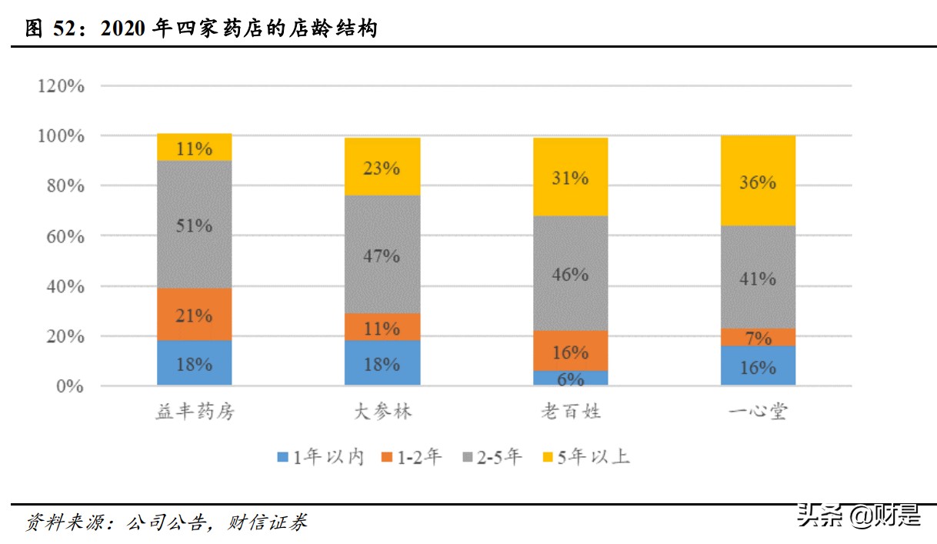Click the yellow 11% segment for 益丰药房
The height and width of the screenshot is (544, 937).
194,148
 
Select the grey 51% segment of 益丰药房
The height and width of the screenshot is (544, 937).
194,225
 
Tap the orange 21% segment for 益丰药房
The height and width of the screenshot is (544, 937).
194,314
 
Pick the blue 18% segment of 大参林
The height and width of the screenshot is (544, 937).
382,363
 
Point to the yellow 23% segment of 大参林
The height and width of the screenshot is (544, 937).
382,167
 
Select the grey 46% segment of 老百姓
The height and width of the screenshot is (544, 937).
570,273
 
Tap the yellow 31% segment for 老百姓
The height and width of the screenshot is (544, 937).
570,177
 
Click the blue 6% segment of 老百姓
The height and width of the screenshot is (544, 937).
570,379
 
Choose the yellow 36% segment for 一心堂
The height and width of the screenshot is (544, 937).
758,182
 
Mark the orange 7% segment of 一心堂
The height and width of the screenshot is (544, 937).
758,338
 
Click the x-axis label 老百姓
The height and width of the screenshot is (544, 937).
570,412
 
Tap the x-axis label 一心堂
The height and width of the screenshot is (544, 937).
758,412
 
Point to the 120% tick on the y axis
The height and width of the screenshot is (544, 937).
60,85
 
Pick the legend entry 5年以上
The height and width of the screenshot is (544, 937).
585,457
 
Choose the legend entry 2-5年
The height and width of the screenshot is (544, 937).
492,457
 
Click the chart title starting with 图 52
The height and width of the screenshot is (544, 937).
202,29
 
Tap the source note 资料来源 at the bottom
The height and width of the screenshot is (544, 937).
166,522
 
